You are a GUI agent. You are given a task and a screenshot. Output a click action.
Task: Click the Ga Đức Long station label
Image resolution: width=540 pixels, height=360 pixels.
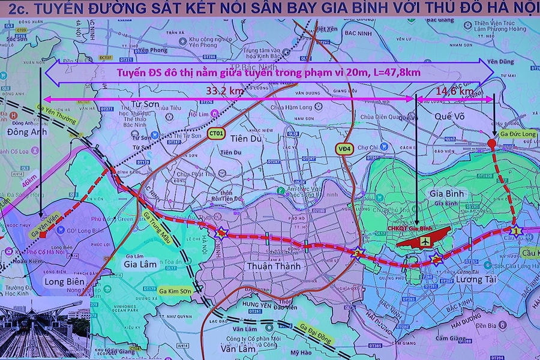point(518,134)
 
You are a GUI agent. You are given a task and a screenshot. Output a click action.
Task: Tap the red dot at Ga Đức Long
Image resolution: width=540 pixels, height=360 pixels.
point(491,143)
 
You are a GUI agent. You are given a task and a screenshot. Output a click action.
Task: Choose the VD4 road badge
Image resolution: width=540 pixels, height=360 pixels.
point(344,148)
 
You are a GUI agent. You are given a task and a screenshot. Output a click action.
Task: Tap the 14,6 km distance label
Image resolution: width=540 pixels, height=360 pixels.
point(454,91)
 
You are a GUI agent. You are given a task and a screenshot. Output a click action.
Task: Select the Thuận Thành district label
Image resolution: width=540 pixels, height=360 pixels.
point(274,265)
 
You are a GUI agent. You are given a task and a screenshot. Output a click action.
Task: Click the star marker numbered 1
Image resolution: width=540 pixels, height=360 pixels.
point(515,230)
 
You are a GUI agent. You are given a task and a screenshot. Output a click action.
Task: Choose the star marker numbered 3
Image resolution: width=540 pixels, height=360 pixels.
point(358,254)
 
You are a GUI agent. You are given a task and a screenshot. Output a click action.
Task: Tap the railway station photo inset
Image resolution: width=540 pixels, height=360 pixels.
point(45,327)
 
